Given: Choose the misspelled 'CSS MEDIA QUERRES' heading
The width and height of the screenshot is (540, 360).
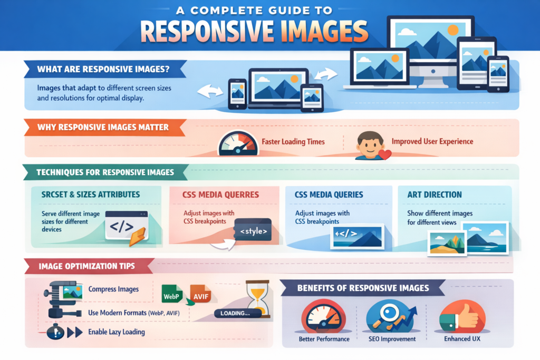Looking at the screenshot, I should click(220, 194).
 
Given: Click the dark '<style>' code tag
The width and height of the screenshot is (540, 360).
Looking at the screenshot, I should click(253, 231).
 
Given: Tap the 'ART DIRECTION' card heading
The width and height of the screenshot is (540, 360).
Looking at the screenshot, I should click(435, 194).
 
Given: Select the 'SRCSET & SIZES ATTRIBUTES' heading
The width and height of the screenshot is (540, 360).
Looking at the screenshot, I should click(91, 194).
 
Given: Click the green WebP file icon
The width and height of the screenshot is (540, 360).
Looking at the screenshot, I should click(171, 294).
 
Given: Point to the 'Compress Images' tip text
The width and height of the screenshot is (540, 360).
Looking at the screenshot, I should click(113, 289).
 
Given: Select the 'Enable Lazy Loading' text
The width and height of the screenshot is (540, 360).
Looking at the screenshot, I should click(117, 332).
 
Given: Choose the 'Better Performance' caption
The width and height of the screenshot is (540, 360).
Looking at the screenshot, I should click(324, 339).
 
